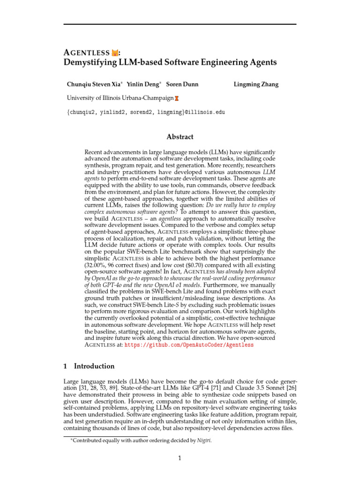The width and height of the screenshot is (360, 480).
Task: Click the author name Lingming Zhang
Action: [x=256, y=85]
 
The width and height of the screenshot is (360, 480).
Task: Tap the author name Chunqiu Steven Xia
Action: [x=94, y=85]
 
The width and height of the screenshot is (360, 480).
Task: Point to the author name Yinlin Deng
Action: [x=143, y=85]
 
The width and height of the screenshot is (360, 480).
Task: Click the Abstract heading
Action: [x=180, y=137]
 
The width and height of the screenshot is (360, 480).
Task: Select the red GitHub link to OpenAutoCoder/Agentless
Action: [x=189, y=345]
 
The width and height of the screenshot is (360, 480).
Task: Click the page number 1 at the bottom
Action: [x=180, y=458]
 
